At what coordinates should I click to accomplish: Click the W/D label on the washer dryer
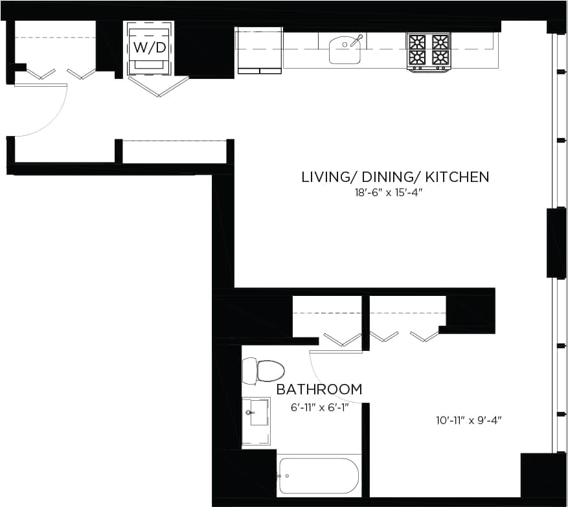(x=149, y=48)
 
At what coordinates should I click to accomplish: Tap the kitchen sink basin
(x=344, y=51)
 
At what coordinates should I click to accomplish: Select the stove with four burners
(x=429, y=51)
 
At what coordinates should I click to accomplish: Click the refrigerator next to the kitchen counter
(x=259, y=51)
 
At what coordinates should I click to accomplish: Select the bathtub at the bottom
(x=317, y=477)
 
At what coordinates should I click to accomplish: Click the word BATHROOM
(x=319, y=390)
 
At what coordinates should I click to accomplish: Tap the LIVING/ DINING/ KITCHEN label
(x=395, y=177)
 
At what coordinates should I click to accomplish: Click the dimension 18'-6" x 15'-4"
(x=395, y=192)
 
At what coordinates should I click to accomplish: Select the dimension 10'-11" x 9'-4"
(x=469, y=420)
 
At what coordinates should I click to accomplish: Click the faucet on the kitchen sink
(x=356, y=40)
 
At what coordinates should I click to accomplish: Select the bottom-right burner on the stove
(x=440, y=58)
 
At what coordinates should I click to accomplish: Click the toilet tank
(x=249, y=371)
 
